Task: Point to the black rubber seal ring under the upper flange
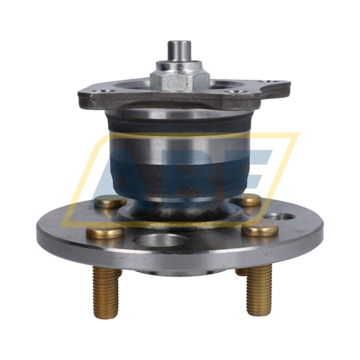point(180,122)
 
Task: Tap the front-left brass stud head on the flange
point(104,232)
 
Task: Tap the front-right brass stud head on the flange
point(260,230)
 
